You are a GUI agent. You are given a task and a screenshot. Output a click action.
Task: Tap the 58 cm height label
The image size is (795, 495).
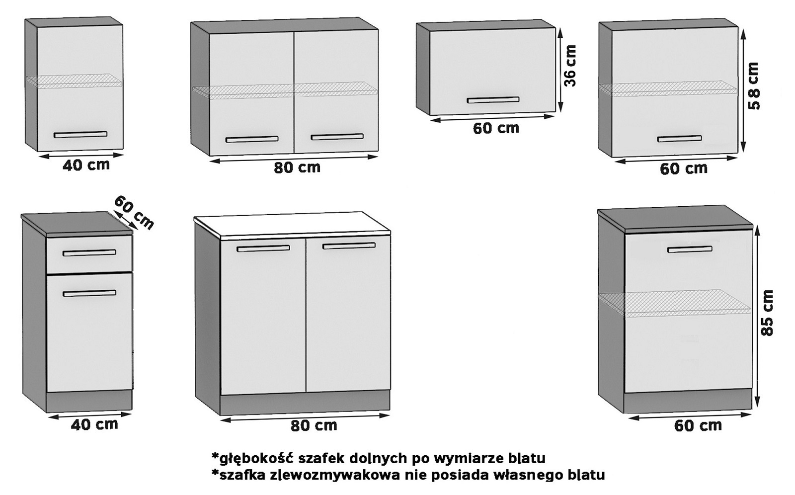[x=754, y=86]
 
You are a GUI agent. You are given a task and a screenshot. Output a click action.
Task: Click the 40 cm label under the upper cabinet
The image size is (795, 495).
[x=86, y=165]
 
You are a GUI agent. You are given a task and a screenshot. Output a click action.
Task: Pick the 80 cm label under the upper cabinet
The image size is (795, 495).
[x=297, y=167]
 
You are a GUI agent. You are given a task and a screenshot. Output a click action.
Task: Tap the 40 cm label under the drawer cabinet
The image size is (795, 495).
[x=94, y=424]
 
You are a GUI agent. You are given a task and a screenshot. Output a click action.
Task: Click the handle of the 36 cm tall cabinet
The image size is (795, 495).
[x=492, y=100]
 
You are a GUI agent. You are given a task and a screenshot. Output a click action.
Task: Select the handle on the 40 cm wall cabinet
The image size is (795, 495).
[x=80, y=135]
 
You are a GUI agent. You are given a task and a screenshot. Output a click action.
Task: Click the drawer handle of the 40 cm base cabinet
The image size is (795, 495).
[x=89, y=253]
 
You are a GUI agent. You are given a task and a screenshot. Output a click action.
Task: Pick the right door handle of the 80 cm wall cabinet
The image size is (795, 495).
[x=337, y=137]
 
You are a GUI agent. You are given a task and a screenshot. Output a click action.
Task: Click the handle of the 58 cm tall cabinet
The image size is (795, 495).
[x=679, y=139]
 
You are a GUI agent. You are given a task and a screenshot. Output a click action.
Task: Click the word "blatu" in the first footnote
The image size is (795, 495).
[x=527, y=458]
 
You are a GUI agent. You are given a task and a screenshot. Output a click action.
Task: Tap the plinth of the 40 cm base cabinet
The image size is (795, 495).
[x=89, y=401]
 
